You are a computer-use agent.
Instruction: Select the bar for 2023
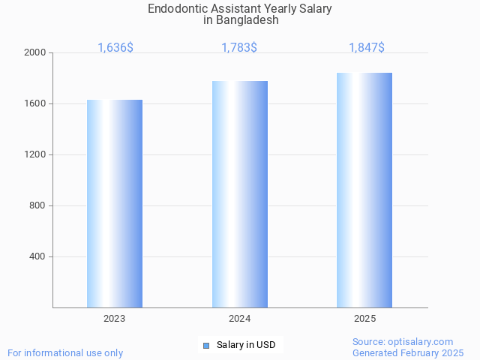[x=115, y=203]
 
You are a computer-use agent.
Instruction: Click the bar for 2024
[x=240, y=194]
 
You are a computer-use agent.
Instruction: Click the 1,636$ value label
[x=115, y=48]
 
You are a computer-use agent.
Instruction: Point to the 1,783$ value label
[x=239, y=48]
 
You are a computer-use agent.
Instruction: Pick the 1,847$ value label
[x=367, y=48]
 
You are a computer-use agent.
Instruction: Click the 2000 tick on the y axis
[x=35, y=53]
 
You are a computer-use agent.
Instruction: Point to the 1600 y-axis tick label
[x=35, y=104]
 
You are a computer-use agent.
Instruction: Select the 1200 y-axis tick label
[x=35, y=155]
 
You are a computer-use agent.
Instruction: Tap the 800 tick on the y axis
[x=38, y=206]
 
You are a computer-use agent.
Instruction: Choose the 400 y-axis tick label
[x=38, y=257]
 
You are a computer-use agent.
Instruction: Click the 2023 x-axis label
[x=115, y=319]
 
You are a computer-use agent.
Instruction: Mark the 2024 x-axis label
[x=240, y=319]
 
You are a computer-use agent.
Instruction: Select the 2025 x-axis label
[x=364, y=319]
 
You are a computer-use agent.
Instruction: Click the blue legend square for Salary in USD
[x=206, y=346]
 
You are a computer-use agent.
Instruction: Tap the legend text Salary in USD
[x=246, y=346]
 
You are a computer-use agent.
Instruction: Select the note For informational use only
[x=65, y=353]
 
